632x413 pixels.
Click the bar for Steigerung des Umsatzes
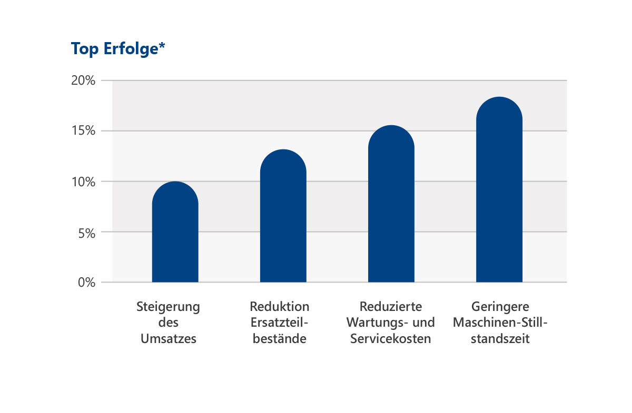pyautogui.click(x=175, y=231)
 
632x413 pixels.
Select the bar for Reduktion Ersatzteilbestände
pyautogui.click(x=283, y=216)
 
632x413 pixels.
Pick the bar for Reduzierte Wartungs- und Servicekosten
pyautogui.click(x=391, y=204)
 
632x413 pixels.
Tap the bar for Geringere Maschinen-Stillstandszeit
pyautogui.click(x=499, y=189)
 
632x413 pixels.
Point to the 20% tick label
pyautogui.click(x=83, y=80)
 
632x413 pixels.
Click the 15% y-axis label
pyautogui.click(x=84, y=131)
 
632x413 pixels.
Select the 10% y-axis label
pyautogui.click(x=84, y=182)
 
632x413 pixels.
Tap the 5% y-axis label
pyautogui.click(x=87, y=234)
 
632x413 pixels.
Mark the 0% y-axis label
pyautogui.click(x=86, y=282)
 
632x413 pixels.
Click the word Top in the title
pyautogui.click(x=85, y=49)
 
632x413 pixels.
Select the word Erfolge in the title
pyautogui.click(x=131, y=49)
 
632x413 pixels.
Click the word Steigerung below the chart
pyautogui.click(x=168, y=307)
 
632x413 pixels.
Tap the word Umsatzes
pyautogui.click(x=169, y=339)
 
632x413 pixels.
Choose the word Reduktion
pyautogui.click(x=280, y=306)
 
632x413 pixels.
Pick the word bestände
pyautogui.click(x=280, y=339)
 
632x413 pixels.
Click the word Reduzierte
pyautogui.click(x=391, y=306)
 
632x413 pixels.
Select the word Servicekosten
pyautogui.click(x=391, y=339)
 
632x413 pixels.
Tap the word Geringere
pyautogui.click(x=500, y=307)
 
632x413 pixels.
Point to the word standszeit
pyautogui.click(x=500, y=339)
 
